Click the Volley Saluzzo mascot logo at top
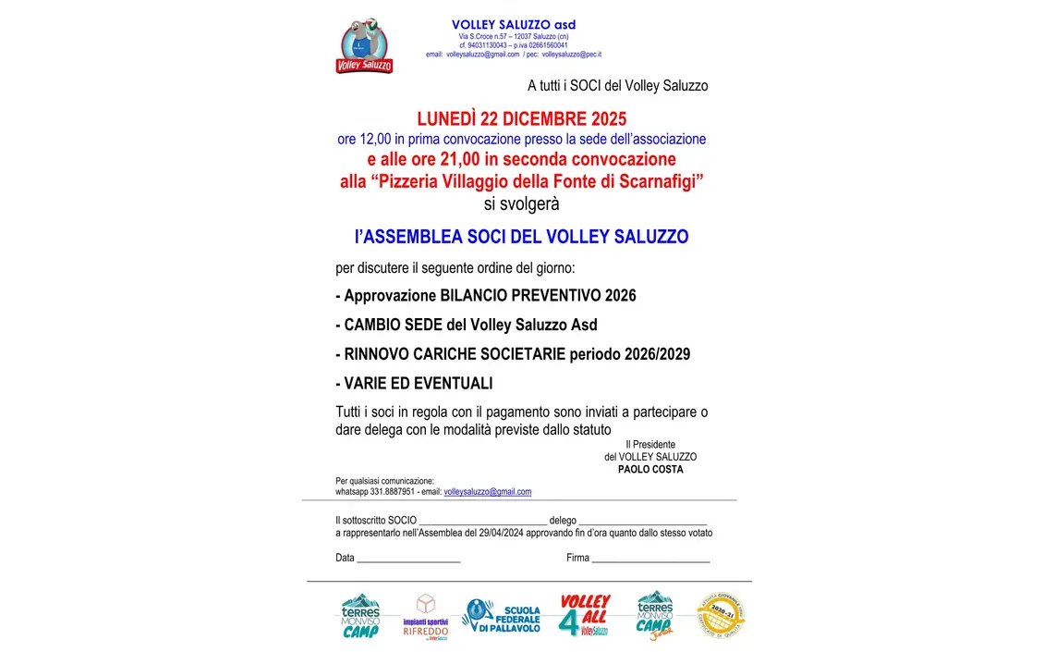[x=364, y=45]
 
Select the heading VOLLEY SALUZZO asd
[x=513, y=24]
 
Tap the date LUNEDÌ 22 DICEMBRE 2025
[x=521, y=119]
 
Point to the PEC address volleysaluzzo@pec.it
[x=571, y=55]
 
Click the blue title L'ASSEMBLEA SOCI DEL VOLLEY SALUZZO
[x=521, y=237]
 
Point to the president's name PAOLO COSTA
[x=650, y=469]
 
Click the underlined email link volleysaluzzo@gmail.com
[x=487, y=492]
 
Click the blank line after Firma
[x=650, y=560]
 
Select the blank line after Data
[x=408, y=560]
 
